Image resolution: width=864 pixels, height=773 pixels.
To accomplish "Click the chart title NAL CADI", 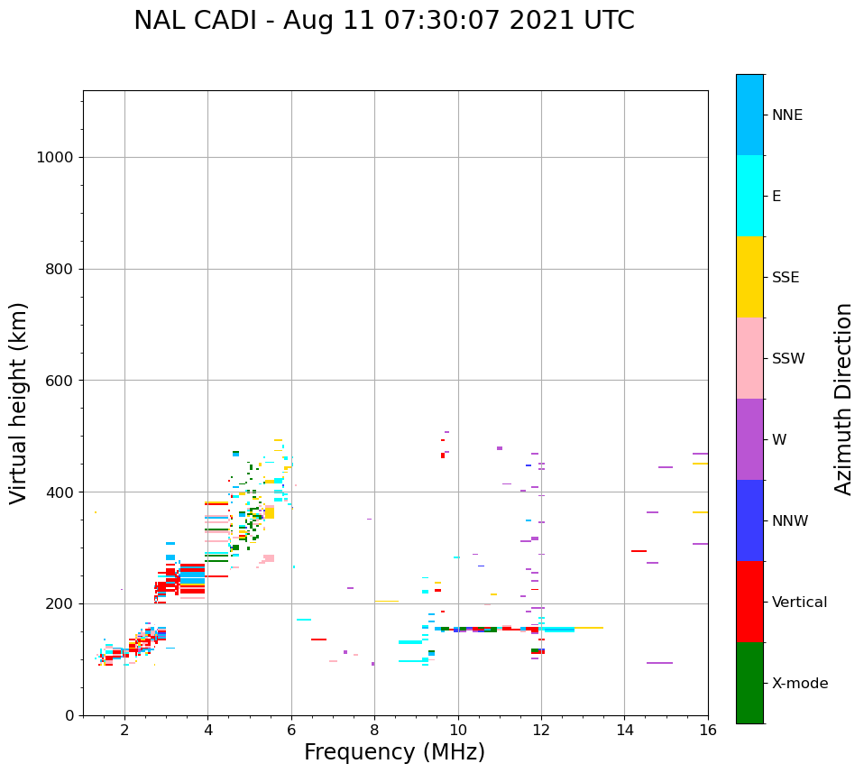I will click(x=383, y=21).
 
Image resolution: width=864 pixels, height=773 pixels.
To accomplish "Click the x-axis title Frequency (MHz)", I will click(x=394, y=752).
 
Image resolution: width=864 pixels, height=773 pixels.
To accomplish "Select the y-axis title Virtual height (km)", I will click(x=19, y=403).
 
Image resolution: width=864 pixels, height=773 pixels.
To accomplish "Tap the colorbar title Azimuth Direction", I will click(x=843, y=399).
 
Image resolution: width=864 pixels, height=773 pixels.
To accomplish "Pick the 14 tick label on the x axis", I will click(x=625, y=729).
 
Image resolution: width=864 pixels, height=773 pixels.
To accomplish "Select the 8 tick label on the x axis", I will click(x=374, y=729).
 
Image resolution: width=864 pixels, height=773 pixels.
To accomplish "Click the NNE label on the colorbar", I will click(x=786, y=115).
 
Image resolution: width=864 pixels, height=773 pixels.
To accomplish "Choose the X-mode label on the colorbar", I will click(x=799, y=684).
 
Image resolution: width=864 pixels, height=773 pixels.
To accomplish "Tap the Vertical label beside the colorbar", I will click(x=799, y=603).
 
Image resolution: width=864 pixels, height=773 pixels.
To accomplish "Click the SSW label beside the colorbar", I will click(x=787, y=359).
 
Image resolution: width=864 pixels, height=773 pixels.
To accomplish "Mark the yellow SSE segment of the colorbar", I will click(x=749, y=277).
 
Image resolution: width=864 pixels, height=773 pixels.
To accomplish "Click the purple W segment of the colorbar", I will click(x=749, y=439).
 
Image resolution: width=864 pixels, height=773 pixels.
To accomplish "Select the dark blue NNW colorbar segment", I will click(x=749, y=520).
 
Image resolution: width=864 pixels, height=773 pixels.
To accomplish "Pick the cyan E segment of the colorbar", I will click(x=749, y=196).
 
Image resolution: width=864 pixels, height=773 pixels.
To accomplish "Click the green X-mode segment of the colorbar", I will click(x=749, y=683).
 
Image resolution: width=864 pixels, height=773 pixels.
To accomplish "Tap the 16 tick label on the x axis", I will click(x=708, y=729).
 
